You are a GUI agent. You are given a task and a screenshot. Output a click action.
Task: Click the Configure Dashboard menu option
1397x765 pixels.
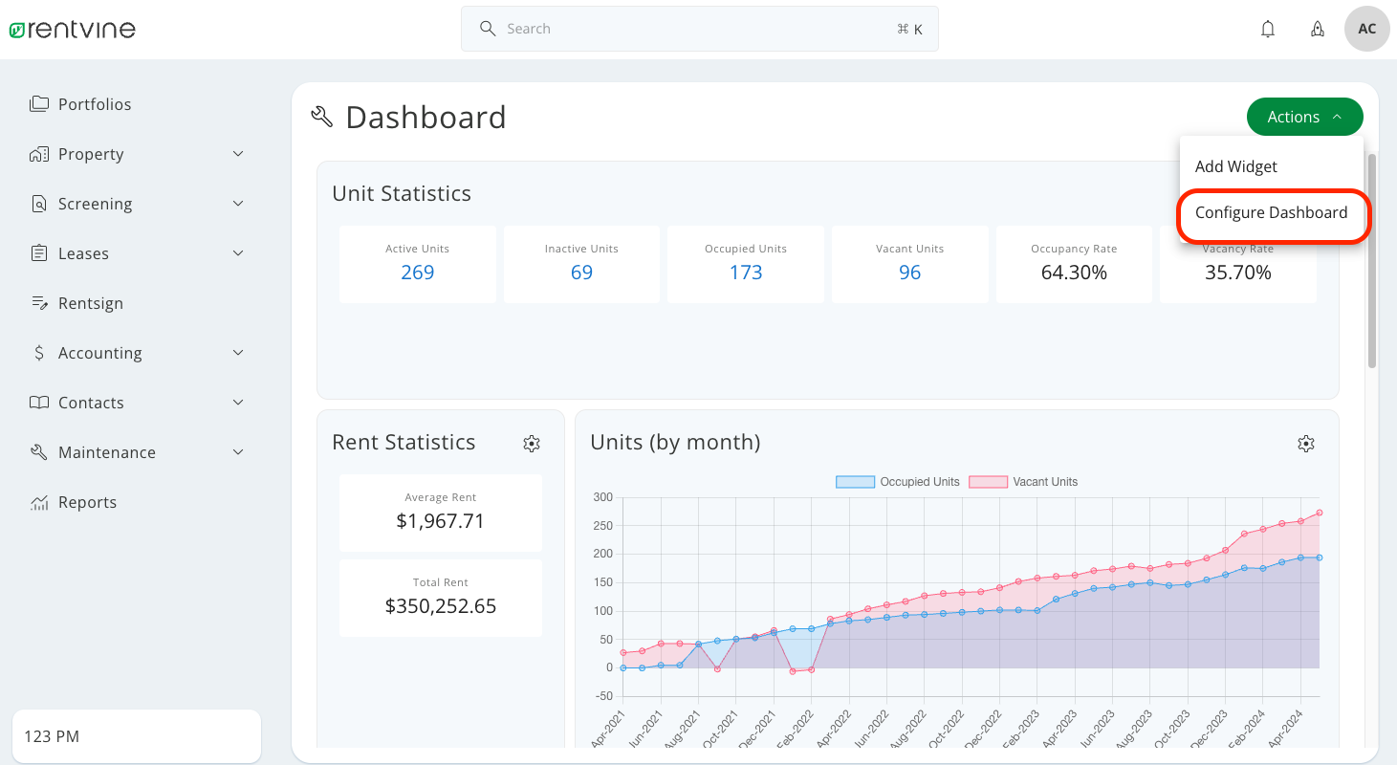(1271, 213)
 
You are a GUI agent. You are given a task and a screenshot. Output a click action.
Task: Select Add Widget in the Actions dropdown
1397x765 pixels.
(1235, 166)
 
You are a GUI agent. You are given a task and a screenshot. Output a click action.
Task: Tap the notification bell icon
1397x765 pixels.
(1268, 29)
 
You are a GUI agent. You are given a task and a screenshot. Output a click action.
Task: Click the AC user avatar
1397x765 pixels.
(1366, 29)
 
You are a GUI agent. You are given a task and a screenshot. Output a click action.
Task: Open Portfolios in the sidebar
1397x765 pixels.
(94, 104)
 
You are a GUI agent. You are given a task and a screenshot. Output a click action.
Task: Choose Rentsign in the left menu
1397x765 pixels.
(90, 303)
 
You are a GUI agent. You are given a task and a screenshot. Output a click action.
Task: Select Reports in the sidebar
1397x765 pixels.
(87, 502)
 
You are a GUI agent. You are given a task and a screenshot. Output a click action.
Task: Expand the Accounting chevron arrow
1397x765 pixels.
(238, 353)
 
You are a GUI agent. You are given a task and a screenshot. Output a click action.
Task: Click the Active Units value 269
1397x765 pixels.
(417, 273)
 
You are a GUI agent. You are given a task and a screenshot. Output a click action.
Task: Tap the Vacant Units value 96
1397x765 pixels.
(909, 273)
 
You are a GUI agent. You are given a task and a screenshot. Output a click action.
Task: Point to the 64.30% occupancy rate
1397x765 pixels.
(1074, 273)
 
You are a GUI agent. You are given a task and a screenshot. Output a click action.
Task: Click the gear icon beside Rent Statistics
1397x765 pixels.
(532, 444)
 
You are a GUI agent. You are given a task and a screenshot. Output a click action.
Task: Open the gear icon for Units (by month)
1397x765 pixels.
(1306, 444)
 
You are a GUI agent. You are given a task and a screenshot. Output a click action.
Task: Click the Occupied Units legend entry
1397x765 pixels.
(898, 482)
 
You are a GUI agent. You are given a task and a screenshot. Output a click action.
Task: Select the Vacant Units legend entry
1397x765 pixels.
(1023, 482)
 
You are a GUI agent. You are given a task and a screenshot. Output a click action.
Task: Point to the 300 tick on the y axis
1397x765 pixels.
(602, 497)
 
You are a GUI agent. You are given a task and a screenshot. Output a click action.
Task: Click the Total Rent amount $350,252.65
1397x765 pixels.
(441, 606)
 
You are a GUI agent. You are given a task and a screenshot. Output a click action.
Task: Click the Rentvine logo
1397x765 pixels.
(73, 30)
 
